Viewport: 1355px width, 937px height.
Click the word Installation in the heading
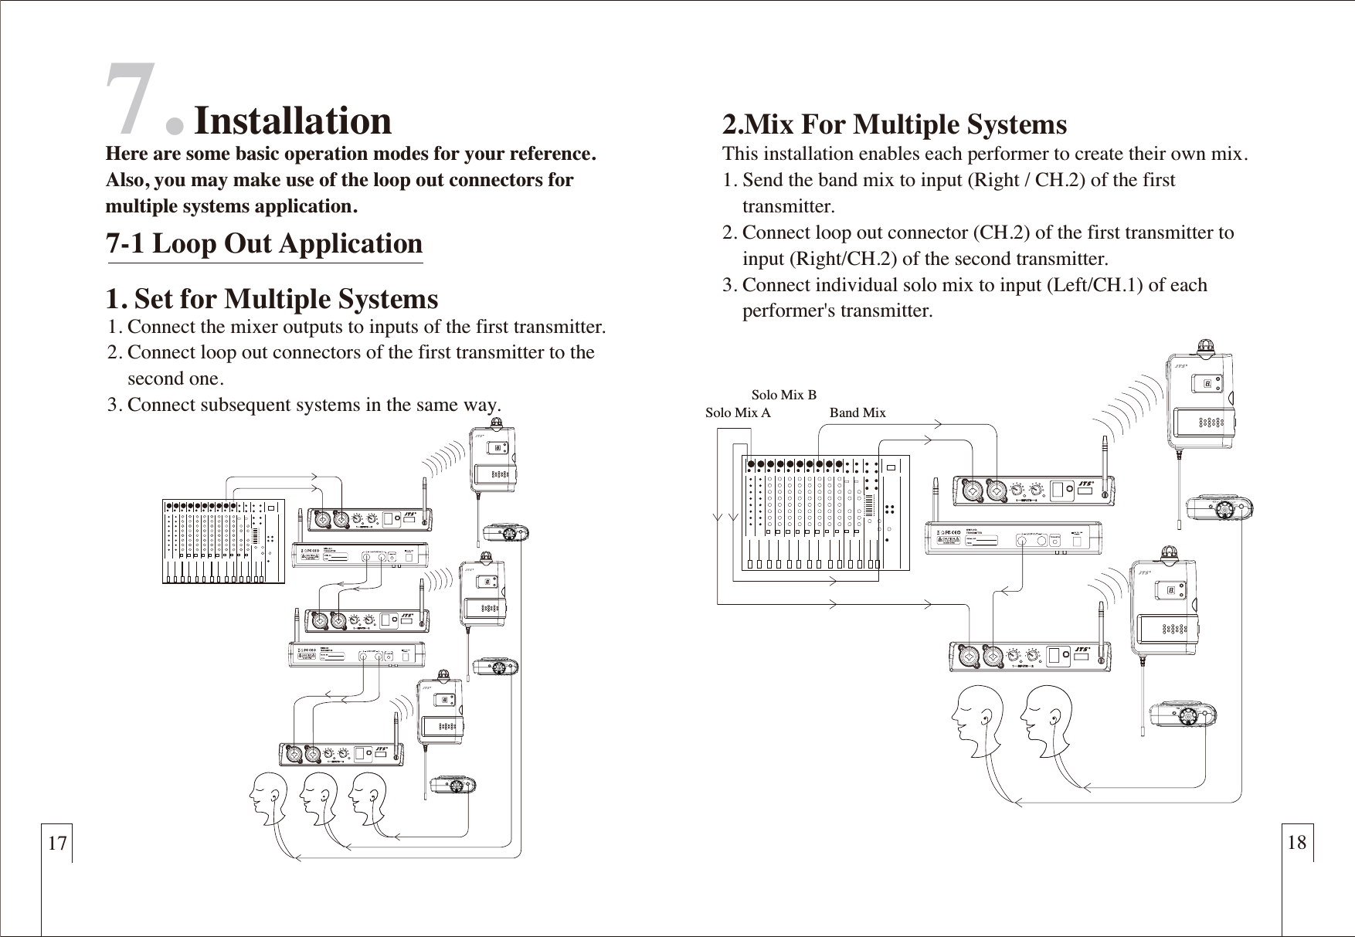coord(292,121)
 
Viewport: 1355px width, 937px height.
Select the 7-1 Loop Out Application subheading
coord(263,243)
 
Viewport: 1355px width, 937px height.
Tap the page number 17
coord(56,843)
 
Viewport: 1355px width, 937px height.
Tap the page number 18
coord(1297,842)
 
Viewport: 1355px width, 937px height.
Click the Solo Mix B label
coord(783,396)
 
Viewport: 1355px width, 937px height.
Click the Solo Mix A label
coord(738,412)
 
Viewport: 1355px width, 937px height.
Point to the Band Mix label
coord(857,412)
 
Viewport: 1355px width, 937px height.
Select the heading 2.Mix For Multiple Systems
coord(894,124)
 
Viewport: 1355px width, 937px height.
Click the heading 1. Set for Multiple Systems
coord(271,299)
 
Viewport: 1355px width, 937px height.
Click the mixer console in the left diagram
coord(223,541)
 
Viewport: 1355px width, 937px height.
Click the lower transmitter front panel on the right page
coord(1032,657)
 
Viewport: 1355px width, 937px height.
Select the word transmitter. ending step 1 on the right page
coord(788,207)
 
